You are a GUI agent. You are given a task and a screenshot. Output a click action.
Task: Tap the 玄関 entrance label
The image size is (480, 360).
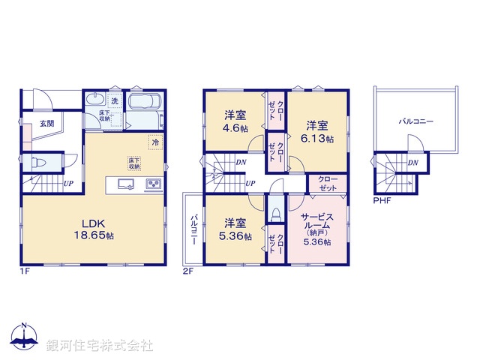pyautogui.click(x=46, y=124)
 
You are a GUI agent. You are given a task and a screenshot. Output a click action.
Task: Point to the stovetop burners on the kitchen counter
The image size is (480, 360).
pyautogui.click(x=153, y=184)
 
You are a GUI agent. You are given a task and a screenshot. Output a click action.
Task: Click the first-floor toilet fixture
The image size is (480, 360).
pyautogui.click(x=38, y=162)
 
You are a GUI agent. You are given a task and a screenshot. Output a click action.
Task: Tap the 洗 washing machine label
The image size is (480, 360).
pyautogui.click(x=115, y=100)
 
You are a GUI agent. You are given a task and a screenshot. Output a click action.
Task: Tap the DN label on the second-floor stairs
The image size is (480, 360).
pyautogui.click(x=241, y=162)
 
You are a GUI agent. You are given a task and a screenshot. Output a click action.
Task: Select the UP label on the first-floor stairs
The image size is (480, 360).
pyautogui.click(x=68, y=183)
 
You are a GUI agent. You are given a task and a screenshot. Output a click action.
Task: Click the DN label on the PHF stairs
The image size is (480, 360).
pyautogui.click(x=413, y=162)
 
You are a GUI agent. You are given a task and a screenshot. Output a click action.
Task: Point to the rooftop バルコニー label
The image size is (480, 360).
pyautogui.click(x=416, y=120)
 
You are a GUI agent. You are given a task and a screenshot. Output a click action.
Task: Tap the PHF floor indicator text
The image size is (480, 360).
pyautogui.click(x=382, y=199)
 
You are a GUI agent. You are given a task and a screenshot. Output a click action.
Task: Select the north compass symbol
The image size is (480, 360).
pyautogui.click(x=23, y=338)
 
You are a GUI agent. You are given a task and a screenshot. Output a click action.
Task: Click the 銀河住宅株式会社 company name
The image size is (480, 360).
pyautogui.click(x=100, y=346)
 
